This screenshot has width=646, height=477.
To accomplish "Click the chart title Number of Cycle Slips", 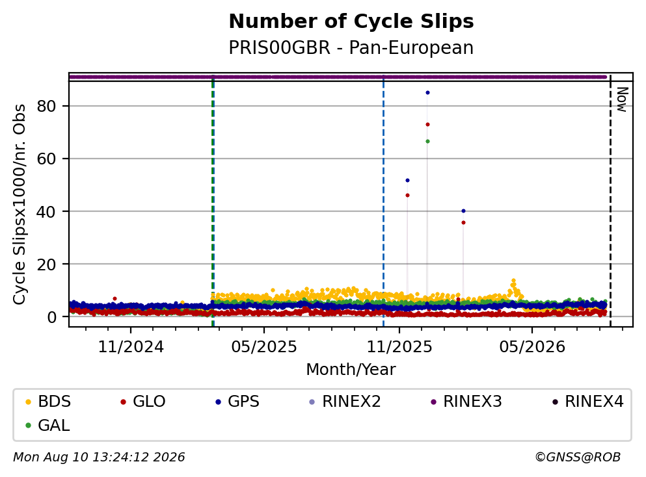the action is tap(351, 21).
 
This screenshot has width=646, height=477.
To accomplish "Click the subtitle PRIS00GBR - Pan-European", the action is tap(351, 47).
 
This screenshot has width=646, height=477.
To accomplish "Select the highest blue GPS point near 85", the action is tap(427, 92).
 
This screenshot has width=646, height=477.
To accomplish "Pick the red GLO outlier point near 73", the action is tap(427, 124).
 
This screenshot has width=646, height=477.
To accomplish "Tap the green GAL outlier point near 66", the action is tap(427, 141).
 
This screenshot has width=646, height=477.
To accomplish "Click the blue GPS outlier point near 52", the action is tap(407, 180).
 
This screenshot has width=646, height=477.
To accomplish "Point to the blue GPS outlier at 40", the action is tap(463, 211).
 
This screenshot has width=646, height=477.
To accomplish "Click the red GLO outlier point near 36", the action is tap(463, 223).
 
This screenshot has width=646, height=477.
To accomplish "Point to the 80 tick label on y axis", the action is tap(46, 106).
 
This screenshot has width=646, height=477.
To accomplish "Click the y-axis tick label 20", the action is tap(46, 264).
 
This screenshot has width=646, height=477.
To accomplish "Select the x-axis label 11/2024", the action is tap(131, 347).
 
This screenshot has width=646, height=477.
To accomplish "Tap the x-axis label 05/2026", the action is tap(532, 347).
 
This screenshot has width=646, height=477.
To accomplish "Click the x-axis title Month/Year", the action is tap(351, 370).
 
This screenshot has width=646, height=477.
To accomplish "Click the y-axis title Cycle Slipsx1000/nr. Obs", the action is tap(20, 204).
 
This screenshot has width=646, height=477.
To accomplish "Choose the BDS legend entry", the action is tap(47, 401).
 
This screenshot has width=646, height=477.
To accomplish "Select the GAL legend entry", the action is tap(47, 425).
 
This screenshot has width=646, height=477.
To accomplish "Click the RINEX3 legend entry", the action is tap(466, 401).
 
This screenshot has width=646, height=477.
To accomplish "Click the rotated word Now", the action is tap(622, 99).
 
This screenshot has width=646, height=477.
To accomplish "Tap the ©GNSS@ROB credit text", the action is tap(578, 457).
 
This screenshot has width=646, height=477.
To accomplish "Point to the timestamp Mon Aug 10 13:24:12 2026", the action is tap(99, 457).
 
